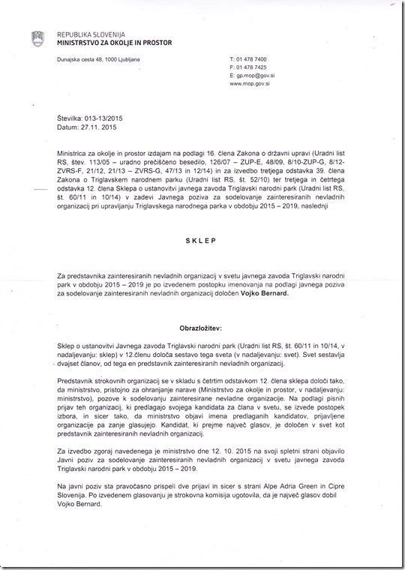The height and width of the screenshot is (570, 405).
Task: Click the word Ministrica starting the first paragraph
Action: tap(76, 150)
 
